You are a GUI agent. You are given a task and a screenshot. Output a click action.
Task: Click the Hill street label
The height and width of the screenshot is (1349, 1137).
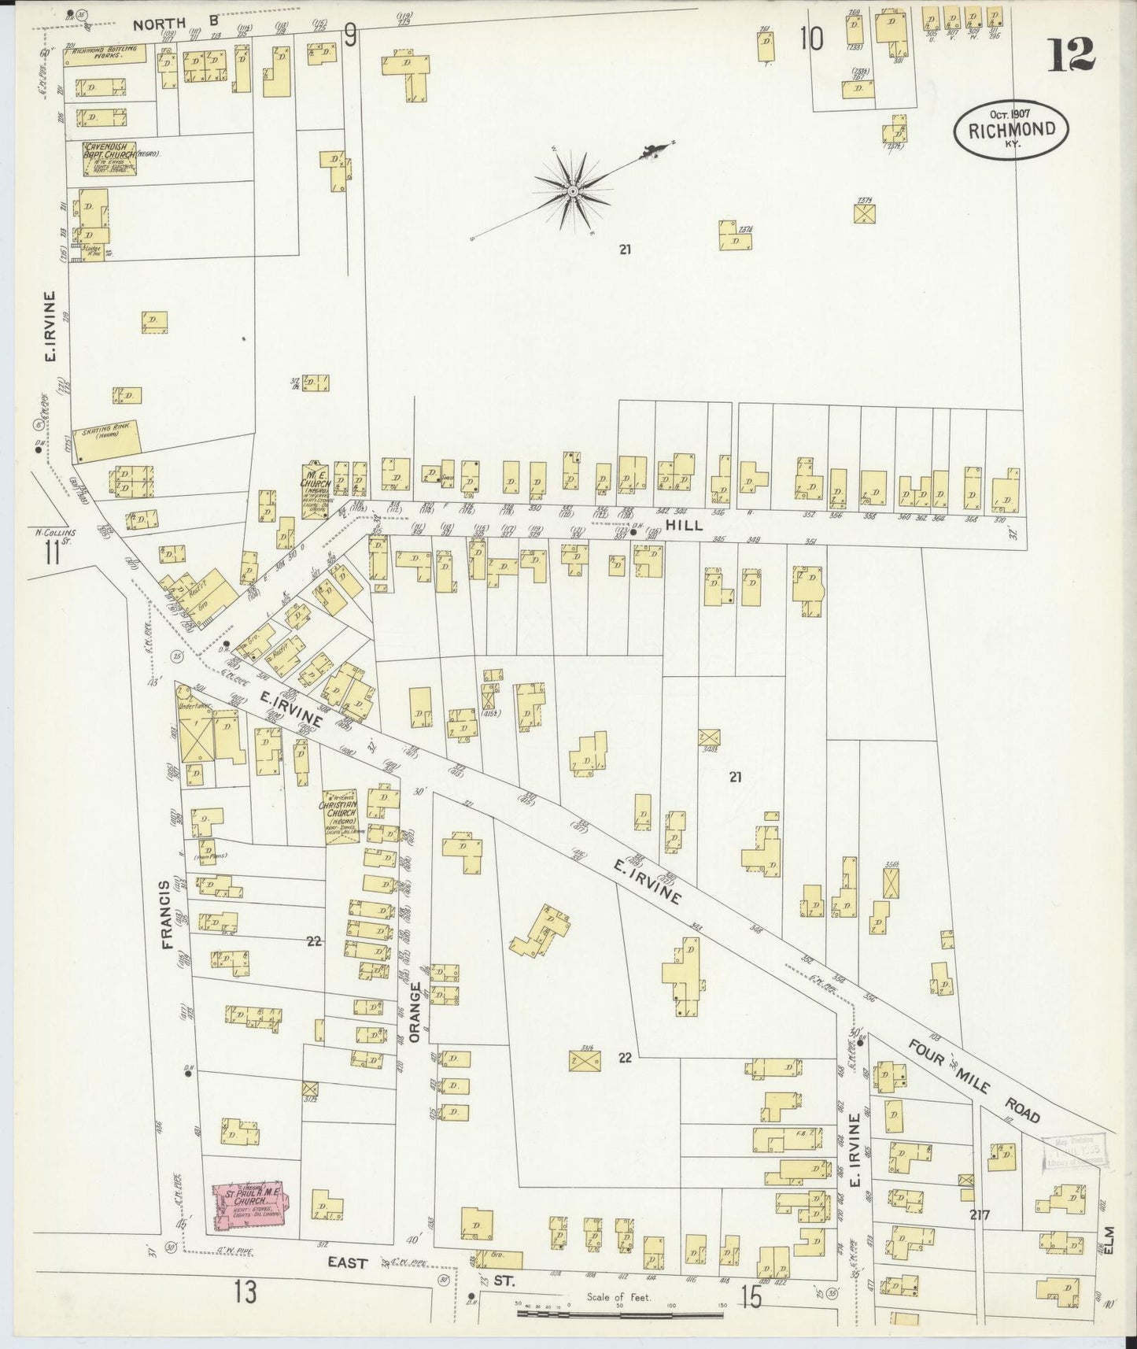pos(684,525)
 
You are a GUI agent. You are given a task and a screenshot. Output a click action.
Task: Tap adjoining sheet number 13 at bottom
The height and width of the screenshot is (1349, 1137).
pos(245,1292)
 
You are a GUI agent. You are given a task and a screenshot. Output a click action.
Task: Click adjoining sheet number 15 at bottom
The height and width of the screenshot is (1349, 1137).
pos(751,1297)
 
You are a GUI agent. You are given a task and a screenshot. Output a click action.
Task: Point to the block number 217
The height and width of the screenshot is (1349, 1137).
pos(980,1215)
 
